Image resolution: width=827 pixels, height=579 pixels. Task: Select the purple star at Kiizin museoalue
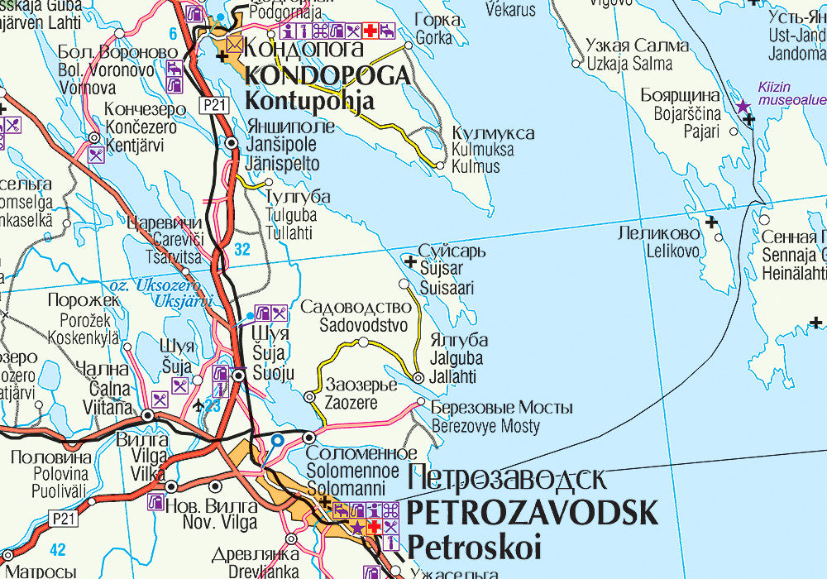[743, 106]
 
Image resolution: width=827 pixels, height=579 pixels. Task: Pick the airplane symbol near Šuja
[197, 404]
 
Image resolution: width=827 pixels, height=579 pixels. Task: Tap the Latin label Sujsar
[441, 269]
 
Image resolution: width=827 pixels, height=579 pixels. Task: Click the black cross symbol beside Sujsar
[410, 261]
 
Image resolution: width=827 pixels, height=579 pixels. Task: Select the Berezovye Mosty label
[485, 427]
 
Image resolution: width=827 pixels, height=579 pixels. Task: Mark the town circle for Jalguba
[418, 378]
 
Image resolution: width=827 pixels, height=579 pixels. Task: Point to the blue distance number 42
[57, 549]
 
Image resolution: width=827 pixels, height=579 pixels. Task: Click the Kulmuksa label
[482, 150]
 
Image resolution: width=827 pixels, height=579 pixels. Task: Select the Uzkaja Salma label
[629, 63]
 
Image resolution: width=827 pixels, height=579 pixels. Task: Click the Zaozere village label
[351, 404]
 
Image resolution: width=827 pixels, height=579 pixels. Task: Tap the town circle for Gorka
[409, 46]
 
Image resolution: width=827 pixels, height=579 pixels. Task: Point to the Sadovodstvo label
[364, 325]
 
